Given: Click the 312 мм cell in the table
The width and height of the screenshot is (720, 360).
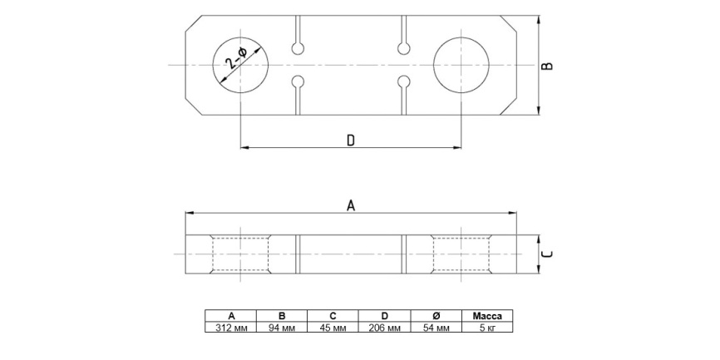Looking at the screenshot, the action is tap(231, 328).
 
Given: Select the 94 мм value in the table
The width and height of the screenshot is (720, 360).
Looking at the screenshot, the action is tap(282, 328).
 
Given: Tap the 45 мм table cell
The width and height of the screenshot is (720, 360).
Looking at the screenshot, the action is tap(333, 328).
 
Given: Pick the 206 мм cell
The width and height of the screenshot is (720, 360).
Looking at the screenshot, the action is tap(385, 328).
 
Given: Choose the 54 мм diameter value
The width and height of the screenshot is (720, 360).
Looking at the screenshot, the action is tap(436, 328).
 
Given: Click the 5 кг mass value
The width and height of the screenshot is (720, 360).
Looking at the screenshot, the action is tap(487, 328).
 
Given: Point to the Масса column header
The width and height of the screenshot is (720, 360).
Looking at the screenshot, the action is tap(487, 316).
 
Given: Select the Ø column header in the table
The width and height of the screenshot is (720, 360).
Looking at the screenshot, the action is tap(436, 316).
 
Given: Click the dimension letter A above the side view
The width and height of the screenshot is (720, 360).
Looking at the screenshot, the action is tap(350, 205).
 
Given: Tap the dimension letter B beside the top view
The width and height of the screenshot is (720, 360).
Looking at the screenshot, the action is tap(546, 66).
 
